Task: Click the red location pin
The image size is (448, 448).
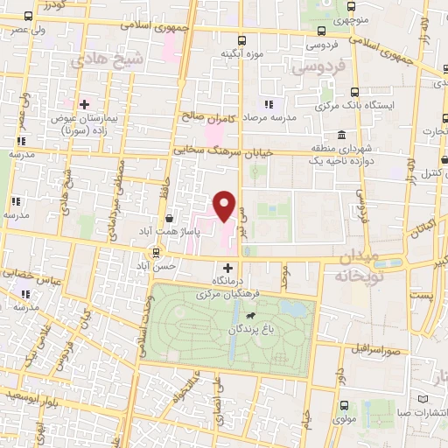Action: pyautogui.click(x=225, y=206)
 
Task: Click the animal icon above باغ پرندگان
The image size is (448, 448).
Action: pyautogui.click(x=252, y=315)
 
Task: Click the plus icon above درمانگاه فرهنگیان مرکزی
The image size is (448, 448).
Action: pyautogui.click(x=228, y=268)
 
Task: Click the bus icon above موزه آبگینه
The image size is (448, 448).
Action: pyautogui.click(x=242, y=39)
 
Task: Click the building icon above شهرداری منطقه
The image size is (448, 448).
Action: pyautogui.click(x=340, y=135)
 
